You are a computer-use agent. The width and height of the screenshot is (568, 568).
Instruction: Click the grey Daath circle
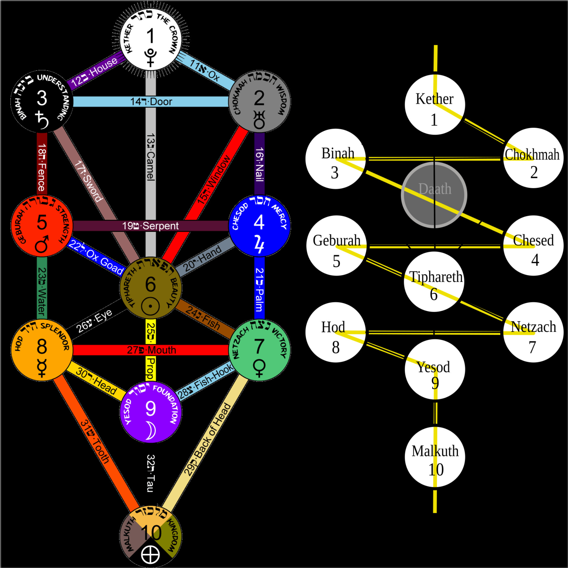click(434, 195)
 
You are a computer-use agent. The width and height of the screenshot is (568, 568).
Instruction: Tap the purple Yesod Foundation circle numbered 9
click(151, 412)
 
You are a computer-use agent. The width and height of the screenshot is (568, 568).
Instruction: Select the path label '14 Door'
click(151, 102)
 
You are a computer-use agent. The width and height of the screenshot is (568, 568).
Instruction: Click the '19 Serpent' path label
click(150, 226)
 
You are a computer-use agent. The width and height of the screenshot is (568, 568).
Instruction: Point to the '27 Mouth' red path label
click(151, 350)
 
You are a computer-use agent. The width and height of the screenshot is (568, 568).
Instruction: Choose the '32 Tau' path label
click(150, 473)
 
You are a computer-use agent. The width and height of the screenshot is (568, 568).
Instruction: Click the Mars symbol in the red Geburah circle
click(42, 244)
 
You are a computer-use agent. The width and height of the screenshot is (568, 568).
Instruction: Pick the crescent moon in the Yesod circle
click(151, 430)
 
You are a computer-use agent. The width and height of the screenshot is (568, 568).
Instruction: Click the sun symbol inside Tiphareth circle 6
click(150, 306)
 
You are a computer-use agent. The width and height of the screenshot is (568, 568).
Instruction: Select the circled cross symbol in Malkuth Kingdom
click(150, 555)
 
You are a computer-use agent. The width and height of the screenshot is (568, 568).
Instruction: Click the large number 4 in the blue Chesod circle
click(259, 222)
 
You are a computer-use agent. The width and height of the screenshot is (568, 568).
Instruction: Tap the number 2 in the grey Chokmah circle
click(259, 98)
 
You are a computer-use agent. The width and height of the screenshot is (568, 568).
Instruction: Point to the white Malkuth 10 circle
click(435, 457)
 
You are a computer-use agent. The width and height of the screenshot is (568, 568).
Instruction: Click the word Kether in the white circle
click(434, 99)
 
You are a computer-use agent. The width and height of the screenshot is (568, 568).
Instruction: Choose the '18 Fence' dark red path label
click(42, 167)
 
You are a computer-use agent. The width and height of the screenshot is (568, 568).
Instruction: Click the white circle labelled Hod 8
click(335, 333)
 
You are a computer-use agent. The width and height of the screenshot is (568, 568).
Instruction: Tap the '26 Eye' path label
click(94, 321)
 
